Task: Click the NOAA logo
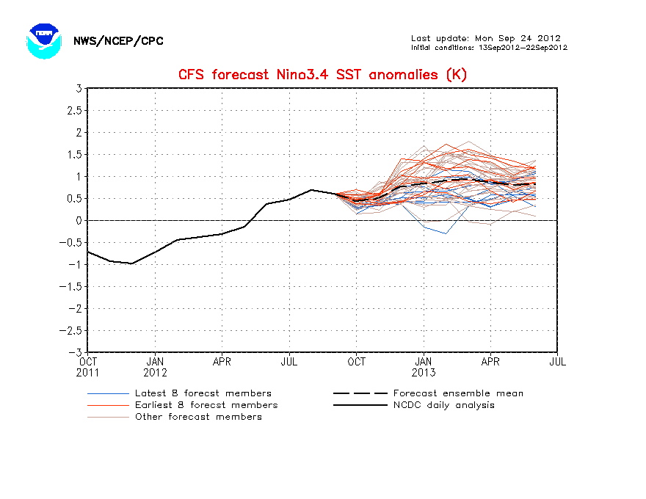tap(42, 40)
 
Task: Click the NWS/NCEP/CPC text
tap(118, 41)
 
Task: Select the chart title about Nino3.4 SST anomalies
tap(322, 75)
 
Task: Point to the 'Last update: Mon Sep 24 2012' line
tap(486, 38)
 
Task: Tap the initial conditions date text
tap(489, 48)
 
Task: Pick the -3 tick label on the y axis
tap(75, 352)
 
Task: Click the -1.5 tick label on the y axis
tap(71, 286)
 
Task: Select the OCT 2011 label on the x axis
tap(88, 366)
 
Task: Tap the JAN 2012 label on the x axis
tap(155, 366)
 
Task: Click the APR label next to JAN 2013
tap(490, 361)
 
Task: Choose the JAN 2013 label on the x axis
tap(424, 366)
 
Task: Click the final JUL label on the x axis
tap(557, 361)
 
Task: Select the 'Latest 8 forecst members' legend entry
tap(203, 393)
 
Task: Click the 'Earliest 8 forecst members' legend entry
tap(206, 405)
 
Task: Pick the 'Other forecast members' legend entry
tap(198, 417)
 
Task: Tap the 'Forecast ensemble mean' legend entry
tap(458, 393)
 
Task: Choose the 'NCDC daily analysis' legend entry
tap(443, 405)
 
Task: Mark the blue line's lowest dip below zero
tap(446, 233)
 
